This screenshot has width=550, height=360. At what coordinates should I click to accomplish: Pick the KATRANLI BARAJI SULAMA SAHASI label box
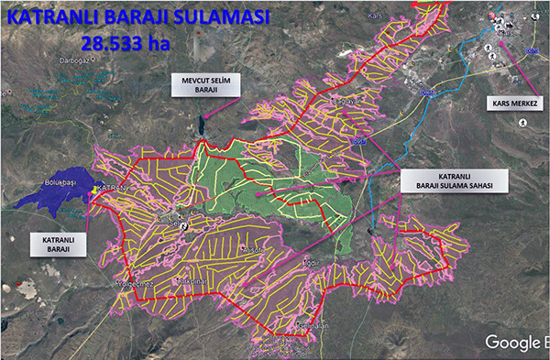443,180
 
